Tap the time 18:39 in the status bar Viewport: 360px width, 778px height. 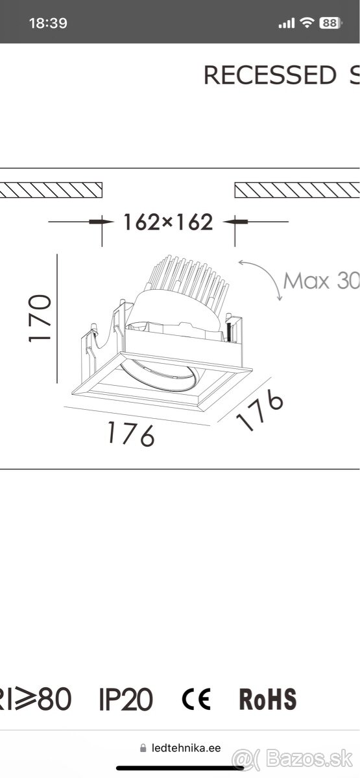click(48, 23)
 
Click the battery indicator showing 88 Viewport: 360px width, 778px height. click(330, 23)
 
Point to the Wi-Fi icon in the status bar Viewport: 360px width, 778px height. click(306, 23)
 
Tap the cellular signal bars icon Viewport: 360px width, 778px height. click(286, 23)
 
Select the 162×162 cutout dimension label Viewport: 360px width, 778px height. click(168, 222)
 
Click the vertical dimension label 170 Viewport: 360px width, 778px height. click(40, 319)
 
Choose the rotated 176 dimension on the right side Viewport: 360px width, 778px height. click(259, 411)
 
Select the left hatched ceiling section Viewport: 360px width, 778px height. click(52, 189)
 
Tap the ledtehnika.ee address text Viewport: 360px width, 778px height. click(186, 748)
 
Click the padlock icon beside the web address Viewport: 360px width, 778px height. click(143, 748)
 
